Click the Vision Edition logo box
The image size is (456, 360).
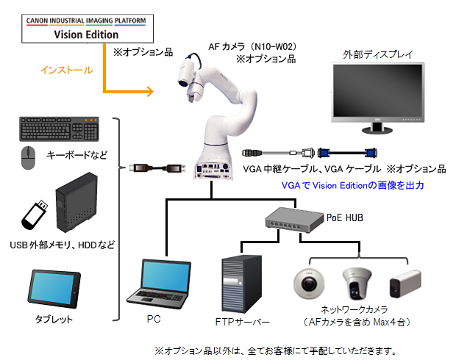[x=87, y=29]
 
